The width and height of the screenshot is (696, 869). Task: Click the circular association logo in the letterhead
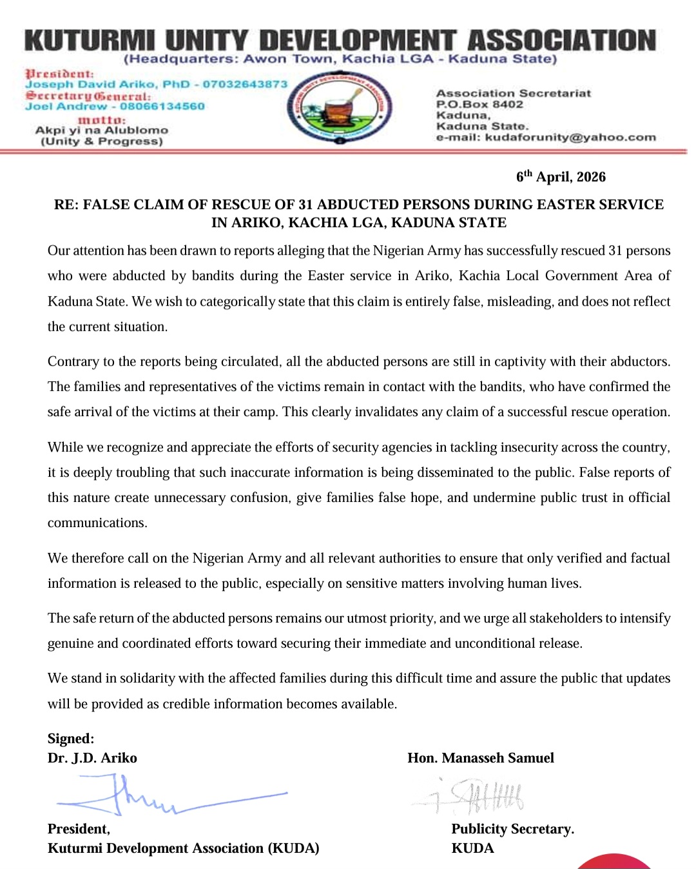click(340, 106)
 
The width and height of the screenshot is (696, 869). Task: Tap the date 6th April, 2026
click(561, 177)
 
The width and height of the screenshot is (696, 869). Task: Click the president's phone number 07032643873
click(245, 84)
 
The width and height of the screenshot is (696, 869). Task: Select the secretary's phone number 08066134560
click(162, 106)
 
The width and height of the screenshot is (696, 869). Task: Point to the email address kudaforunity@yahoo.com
click(570, 137)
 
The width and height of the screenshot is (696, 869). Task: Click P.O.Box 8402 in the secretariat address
click(479, 104)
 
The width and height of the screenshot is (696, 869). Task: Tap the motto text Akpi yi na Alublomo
click(101, 130)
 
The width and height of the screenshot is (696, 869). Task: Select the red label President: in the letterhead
click(59, 74)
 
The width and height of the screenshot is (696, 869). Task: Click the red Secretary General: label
click(88, 95)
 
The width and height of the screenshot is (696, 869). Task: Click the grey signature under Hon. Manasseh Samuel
click(477, 796)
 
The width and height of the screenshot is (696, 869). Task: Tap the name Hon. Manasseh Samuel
click(480, 758)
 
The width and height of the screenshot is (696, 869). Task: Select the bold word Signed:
click(71, 739)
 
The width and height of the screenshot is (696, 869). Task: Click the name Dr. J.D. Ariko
click(92, 758)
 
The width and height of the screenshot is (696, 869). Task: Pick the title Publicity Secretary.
click(512, 829)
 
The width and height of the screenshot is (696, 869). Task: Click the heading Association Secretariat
click(513, 93)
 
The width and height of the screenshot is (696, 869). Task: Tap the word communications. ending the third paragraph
click(97, 523)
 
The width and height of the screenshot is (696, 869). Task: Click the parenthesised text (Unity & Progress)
click(101, 141)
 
